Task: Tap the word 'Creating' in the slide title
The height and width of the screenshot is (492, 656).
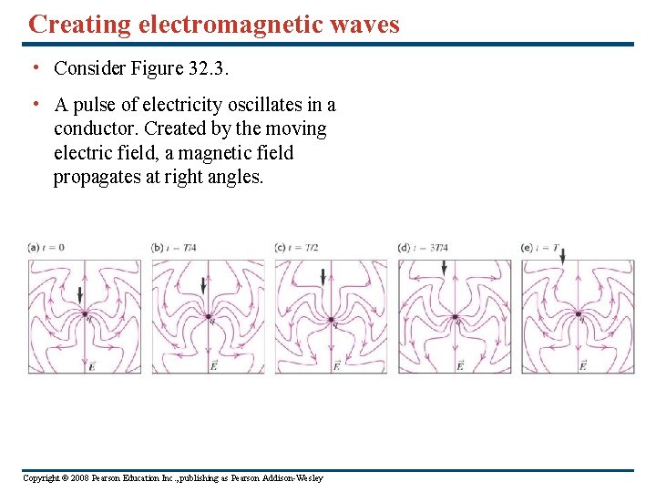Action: point(80,24)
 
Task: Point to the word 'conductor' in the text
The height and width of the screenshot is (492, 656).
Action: point(94,128)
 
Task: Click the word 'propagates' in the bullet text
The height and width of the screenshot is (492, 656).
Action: point(97,177)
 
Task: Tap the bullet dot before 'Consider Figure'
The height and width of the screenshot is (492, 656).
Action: point(34,67)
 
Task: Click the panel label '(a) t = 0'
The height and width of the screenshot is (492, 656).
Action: point(46,248)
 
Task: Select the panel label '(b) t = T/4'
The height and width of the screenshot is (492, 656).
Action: point(173,248)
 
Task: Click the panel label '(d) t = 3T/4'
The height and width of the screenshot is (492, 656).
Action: point(425,248)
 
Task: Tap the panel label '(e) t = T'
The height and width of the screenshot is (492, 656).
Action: point(543,248)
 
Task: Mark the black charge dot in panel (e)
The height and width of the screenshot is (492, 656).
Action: point(578,314)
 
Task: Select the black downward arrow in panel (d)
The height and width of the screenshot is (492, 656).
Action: point(444,266)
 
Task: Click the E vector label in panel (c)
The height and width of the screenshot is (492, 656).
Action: point(336,365)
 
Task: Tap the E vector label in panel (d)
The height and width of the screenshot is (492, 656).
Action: point(459,365)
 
